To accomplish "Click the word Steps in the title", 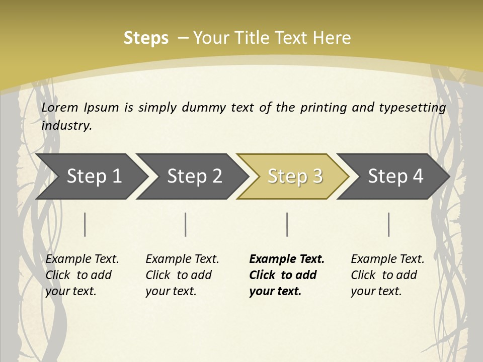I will (x=146, y=38).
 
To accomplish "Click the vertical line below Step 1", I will (x=85, y=224).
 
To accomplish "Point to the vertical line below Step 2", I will (x=186, y=224).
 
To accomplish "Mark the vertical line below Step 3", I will (x=287, y=224).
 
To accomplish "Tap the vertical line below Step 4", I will (x=388, y=224).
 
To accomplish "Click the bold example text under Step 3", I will (x=287, y=275).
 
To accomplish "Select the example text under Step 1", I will (x=82, y=275).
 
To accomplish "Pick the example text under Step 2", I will (x=182, y=275).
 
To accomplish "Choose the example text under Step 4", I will (x=387, y=275).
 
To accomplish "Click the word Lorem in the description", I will (x=60, y=108).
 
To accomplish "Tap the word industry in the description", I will (x=66, y=126).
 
